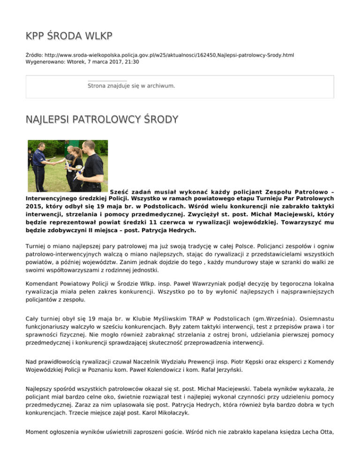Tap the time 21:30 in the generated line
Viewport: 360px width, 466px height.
coord(131,61)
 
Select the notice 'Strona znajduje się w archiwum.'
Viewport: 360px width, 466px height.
coord(131,86)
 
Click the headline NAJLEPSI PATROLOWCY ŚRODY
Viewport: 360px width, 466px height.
coord(102,120)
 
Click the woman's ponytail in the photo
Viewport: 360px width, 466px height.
coord(79,153)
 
